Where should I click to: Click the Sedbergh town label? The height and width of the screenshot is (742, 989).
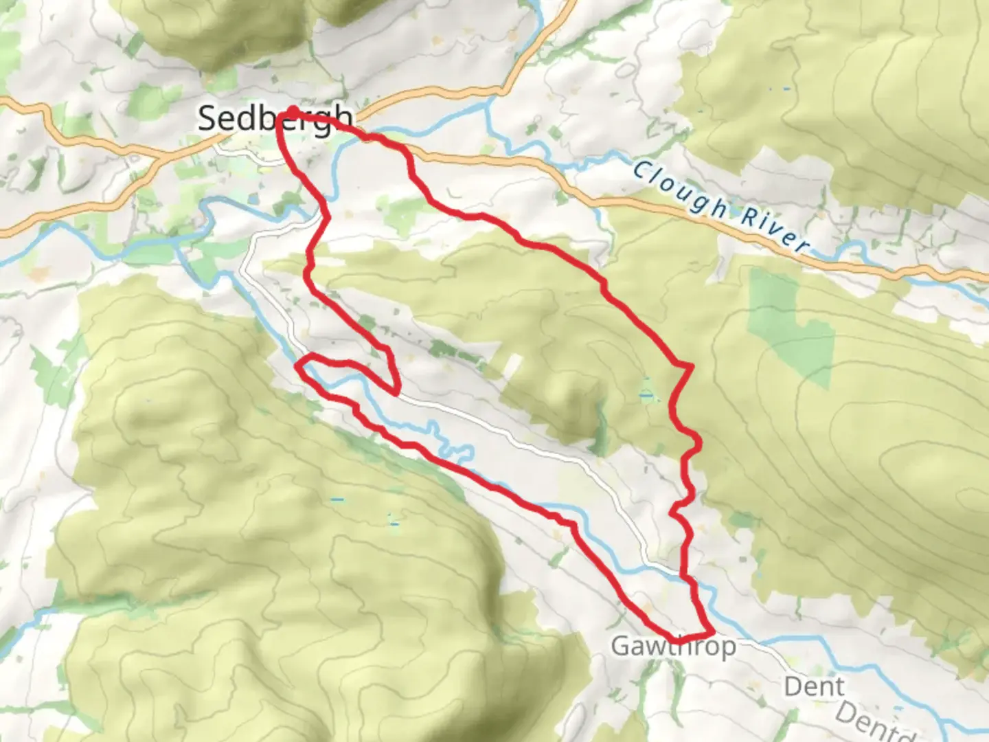pyautogui.click(x=275, y=119)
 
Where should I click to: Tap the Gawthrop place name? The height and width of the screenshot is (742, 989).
pyautogui.click(x=673, y=647)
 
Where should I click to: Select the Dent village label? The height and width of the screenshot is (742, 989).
pyautogui.click(x=814, y=686)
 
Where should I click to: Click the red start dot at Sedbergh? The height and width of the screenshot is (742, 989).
pyautogui.click(x=293, y=111)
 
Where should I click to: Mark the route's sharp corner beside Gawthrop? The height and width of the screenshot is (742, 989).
pyautogui.click(x=712, y=632)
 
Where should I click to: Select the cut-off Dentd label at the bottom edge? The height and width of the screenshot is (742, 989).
pyautogui.click(x=876, y=721)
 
